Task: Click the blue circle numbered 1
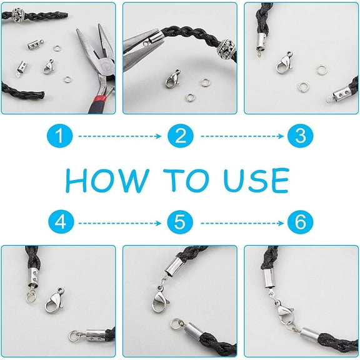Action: click(x=60, y=136)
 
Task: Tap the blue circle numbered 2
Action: click(x=181, y=136)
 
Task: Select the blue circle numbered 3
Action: click(x=300, y=136)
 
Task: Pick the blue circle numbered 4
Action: click(x=61, y=222)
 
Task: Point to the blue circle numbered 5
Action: click(x=180, y=222)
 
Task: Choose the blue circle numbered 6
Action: click(x=300, y=222)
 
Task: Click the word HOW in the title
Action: click(x=107, y=181)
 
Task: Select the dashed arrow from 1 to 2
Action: click(x=120, y=136)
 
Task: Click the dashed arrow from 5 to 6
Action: click(x=242, y=223)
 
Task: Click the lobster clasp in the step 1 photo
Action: click(x=49, y=67)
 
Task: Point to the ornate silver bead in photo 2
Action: click(x=227, y=47)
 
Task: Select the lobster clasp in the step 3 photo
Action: click(x=284, y=62)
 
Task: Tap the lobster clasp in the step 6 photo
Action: click(x=284, y=312)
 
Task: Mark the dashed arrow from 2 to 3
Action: click(x=242, y=136)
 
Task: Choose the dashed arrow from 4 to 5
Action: click(x=120, y=223)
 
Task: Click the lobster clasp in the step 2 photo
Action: click(x=172, y=79)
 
